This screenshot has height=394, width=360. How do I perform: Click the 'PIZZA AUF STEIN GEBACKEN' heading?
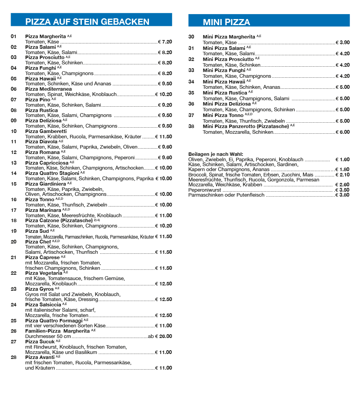tap(87, 22)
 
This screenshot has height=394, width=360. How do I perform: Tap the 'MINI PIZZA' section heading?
tap(226, 22)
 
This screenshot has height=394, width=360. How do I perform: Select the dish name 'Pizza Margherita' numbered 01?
tap(45, 37)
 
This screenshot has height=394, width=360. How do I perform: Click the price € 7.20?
tap(165, 42)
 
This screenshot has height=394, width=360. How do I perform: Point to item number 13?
tap(14, 163)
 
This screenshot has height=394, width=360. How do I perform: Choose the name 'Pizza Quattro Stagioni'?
tap(52, 173)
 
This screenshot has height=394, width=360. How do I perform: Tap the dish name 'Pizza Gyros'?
tap(39, 289)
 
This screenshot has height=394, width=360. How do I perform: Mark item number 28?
tap(14, 357)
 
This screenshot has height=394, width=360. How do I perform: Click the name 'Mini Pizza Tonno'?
tap(223, 115)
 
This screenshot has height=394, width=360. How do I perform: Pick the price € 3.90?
tap(342, 43)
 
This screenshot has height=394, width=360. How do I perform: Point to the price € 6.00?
tap(342, 132)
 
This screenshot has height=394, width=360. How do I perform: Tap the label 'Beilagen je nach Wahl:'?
tap(216, 154)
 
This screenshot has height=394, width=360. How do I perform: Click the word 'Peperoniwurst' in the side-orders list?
tap(205, 190)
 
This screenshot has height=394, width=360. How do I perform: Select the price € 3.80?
tap(342, 195)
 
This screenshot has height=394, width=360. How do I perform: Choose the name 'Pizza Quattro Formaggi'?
tap(54, 321)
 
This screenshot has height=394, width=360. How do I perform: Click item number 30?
tap(191, 37)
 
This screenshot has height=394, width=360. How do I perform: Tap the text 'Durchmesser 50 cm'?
tap(48, 336)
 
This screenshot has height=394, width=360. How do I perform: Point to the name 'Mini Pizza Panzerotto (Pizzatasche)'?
tap(245, 126)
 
